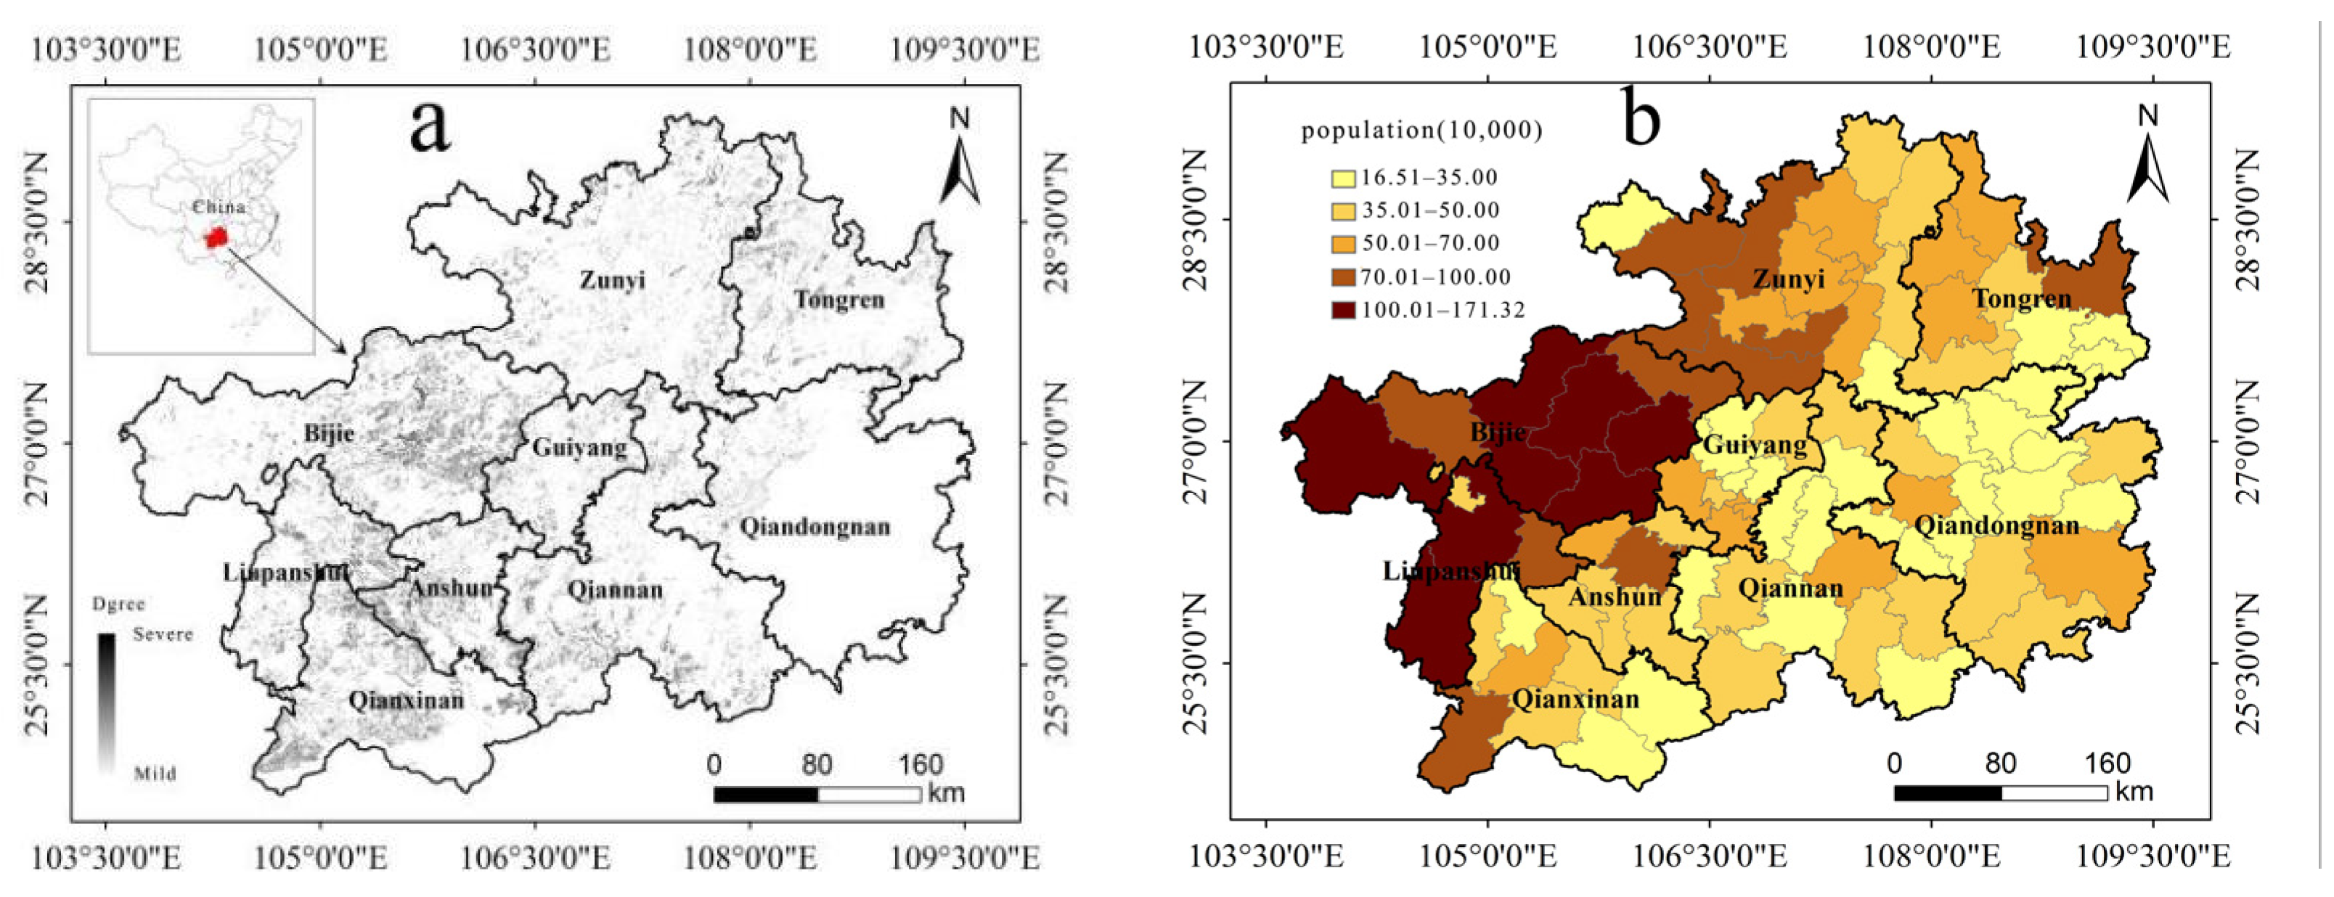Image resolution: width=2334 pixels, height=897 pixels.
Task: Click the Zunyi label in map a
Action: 613,279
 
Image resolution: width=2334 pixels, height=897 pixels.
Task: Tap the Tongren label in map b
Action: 2021,298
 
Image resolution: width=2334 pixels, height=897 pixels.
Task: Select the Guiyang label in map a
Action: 579,447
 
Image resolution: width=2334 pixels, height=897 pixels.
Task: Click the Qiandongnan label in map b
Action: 1996,525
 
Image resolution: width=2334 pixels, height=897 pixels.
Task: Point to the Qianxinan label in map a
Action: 406,700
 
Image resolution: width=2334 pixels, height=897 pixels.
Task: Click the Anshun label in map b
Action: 1615,597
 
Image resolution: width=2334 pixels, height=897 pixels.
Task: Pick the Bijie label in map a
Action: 329,433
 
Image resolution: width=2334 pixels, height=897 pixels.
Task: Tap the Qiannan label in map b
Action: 1790,588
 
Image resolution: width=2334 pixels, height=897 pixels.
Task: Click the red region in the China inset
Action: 215,238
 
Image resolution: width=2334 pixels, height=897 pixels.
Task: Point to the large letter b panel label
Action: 1640,118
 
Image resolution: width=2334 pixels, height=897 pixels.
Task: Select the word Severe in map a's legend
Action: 163,634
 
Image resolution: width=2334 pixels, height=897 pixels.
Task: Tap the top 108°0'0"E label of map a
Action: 749,47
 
